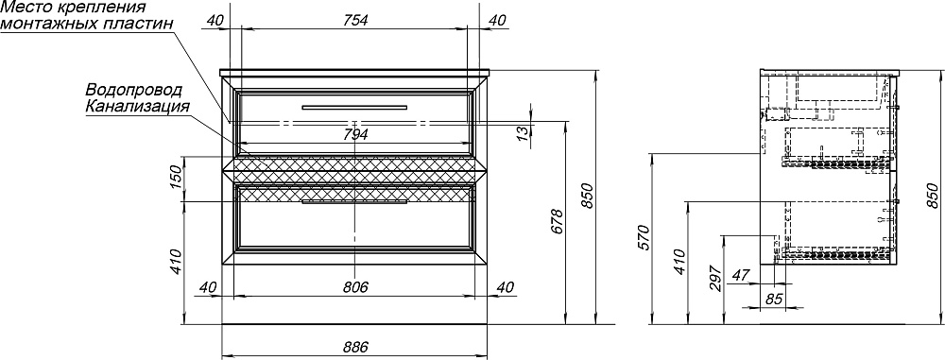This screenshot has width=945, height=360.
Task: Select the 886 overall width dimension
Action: click(355, 348)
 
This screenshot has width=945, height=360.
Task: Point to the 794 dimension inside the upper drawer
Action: click(355, 135)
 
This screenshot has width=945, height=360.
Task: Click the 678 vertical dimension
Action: click(558, 221)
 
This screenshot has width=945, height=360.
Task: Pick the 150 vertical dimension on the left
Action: click(176, 180)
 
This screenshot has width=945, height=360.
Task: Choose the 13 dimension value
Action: click(524, 130)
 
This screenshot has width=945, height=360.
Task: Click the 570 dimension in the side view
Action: click(643, 238)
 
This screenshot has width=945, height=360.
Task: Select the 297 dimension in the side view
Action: click(715, 278)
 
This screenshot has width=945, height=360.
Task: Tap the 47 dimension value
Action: click(740, 275)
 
